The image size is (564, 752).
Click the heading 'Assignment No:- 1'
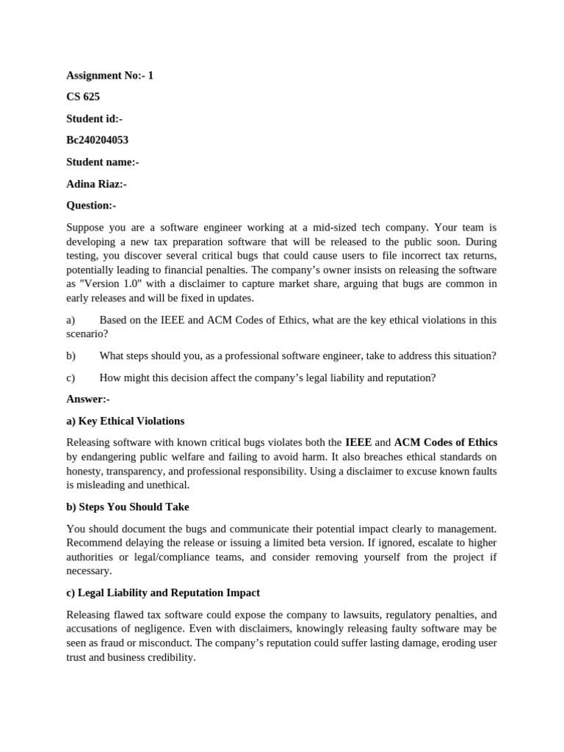click(109, 76)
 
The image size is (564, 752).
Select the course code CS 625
click(83, 97)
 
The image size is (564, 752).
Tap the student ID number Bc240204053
click(97, 140)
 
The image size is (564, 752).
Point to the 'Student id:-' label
click(94, 118)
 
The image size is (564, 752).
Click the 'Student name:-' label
click(102, 162)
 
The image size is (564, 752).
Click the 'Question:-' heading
click(91, 206)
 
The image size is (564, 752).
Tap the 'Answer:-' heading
click(87, 399)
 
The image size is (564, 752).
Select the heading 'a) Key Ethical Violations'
click(125, 421)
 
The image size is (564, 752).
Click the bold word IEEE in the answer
click(358, 442)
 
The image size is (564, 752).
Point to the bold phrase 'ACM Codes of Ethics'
click(445, 442)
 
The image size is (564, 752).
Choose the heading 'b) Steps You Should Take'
click(127, 507)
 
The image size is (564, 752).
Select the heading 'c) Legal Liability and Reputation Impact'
click(163, 593)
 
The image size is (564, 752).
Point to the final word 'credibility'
click(171, 657)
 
